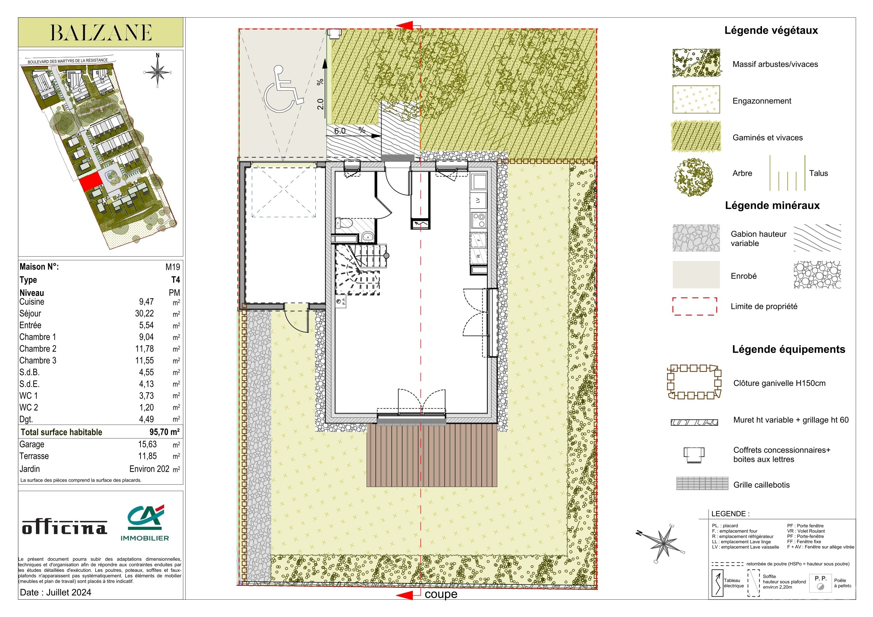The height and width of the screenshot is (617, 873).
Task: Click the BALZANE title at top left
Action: tap(101, 33)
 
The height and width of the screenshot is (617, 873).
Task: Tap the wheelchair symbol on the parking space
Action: tap(283, 88)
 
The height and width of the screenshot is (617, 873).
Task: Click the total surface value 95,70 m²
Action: tap(164, 432)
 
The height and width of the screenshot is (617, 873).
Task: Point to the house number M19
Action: tap(173, 267)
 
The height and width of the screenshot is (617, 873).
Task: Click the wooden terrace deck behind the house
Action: tap(432, 455)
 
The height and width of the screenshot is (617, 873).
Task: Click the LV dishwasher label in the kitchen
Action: tap(478, 200)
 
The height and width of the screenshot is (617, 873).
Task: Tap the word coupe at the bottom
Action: tap(441, 594)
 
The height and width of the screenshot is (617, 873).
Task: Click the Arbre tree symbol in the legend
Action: tap(693, 177)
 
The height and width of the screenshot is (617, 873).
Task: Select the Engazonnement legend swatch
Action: tap(696, 99)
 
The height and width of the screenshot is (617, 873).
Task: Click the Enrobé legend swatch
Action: tap(696, 275)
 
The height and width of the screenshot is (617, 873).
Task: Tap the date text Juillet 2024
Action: tap(69, 592)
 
